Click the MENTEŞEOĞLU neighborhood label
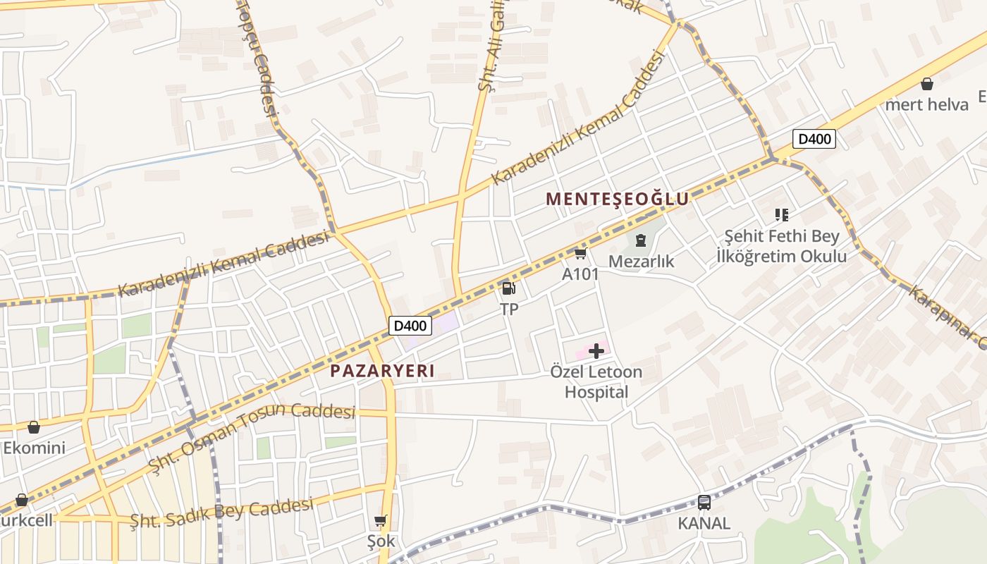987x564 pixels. pyautogui.click(x=617, y=199)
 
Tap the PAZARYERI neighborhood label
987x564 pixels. pyautogui.click(x=383, y=370)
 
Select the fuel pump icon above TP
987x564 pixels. pyautogui.click(x=509, y=288)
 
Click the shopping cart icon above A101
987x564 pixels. pyautogui.click(x=580, y=254)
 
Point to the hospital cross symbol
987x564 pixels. pyautogui.click(x=596, y=350)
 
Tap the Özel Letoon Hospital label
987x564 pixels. pyautogui.click(x=596, y=381)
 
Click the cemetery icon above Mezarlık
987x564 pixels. pyautogui.click(x=641, y=240)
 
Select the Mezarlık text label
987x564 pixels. pyautogui.click(x=641, y=262)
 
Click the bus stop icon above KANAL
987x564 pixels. pyautogui.click(x=704, y=503)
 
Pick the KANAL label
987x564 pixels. pyautogui.click(x=704, y=524)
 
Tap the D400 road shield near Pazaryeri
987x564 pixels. pyautogui.click(x=410, y=326)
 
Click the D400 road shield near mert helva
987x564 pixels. pyautogui.click(x=814, y=139)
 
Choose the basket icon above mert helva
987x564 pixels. pyautogui.click(x=927, y=84)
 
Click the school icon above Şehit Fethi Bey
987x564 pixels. pyautogui.click(x=781, y=214)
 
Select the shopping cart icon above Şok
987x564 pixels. pyautogui.click(x=381, y=521)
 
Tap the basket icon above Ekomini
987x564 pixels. pyautogui.click(x=33, y=427)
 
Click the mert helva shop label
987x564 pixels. pyautogui.click(x=927, y=105)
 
